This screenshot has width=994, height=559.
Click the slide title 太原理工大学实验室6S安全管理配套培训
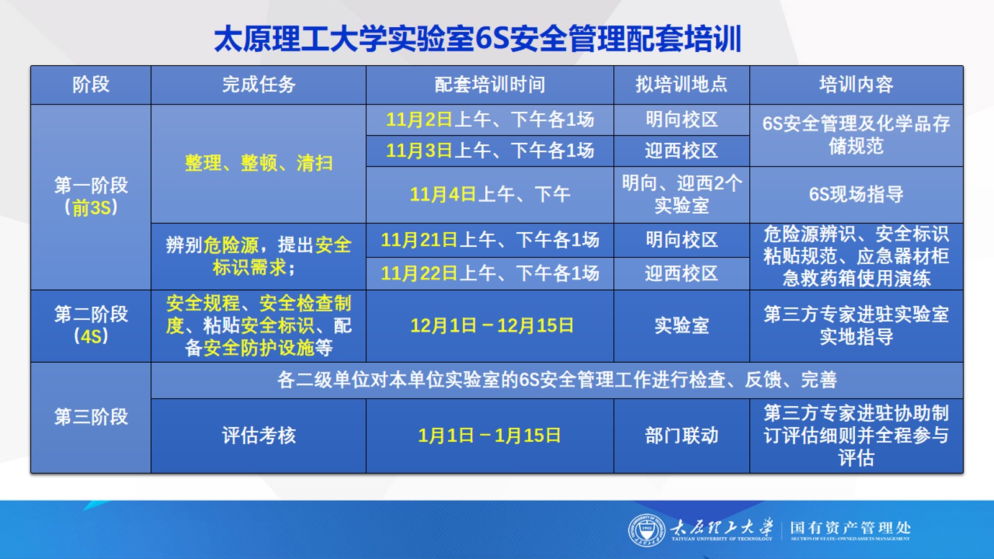tap(478, 39)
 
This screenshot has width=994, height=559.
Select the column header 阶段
tap(91, 84)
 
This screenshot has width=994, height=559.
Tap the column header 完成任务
tap(258, 84)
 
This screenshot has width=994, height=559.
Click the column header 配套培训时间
tap(490, 84)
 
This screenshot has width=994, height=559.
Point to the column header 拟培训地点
tap(681, 84)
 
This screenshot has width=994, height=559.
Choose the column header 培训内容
tap(856, 84)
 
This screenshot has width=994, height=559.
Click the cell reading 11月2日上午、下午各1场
tap(490, 120)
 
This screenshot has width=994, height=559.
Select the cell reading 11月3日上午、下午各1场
tap(490, 151)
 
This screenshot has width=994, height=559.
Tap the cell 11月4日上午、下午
tap(490, 194)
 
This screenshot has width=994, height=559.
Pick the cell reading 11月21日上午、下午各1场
tap(490, 240)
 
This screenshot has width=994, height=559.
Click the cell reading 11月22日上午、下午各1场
tap(490, 273)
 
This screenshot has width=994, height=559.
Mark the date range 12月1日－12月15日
tap(491, 325)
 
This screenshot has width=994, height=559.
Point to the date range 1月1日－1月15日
tap(489, 435)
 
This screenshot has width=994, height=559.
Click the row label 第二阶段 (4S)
tap(91, 325)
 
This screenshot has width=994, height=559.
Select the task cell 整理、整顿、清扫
tap(258, 163)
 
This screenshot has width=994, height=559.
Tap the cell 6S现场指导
tap(856, 194)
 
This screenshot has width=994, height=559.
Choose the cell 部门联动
tap(681, 435)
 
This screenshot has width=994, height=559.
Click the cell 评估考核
tap(258, 435)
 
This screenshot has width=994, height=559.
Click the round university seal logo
tap(647, 530)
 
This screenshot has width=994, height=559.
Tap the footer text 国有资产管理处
tap(850, 528)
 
